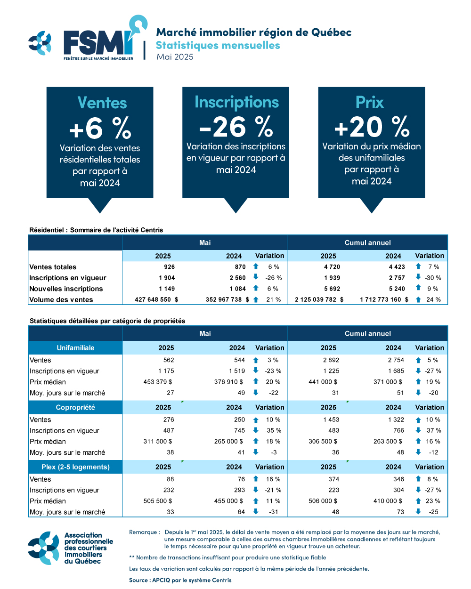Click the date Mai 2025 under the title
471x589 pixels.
point(175,56)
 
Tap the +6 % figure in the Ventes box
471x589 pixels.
point(100,128)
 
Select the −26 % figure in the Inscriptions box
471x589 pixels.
point(236,127)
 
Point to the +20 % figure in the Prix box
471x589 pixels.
point(372,127)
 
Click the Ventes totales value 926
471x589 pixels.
point(170,266)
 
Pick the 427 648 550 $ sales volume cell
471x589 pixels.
point(156,299)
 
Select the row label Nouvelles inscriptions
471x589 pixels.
point(66,289)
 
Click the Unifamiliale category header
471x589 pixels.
point(75,347)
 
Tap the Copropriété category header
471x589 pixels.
point(75,407)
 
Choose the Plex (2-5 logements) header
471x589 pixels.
point(75,467)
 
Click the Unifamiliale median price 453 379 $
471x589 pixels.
point(158,382)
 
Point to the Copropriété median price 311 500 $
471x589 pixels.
point(158,442)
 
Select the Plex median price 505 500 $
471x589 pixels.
point(158,501)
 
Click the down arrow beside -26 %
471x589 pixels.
point(256,277)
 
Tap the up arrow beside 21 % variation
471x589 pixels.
point(256,299)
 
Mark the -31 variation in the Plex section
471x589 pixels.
point(274,512)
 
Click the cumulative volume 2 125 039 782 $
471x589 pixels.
point(319,299)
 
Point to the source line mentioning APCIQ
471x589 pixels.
point(180,580)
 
